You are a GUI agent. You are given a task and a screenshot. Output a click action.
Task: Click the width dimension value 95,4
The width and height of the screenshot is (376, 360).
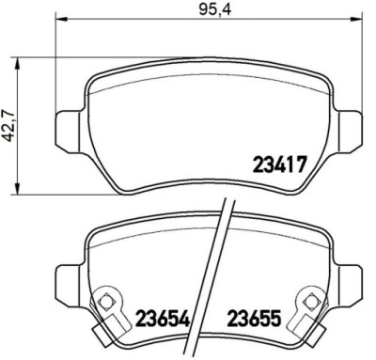coord(215,9)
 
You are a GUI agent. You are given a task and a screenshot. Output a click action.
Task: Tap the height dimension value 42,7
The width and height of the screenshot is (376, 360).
coord(9,126)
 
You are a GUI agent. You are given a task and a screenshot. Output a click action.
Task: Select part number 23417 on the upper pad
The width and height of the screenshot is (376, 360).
coord(279,164)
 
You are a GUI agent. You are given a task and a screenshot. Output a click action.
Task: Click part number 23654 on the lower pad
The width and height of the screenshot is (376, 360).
coord(163,318)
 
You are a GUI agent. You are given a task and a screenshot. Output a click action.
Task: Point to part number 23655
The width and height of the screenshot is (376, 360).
coord(254,318)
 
